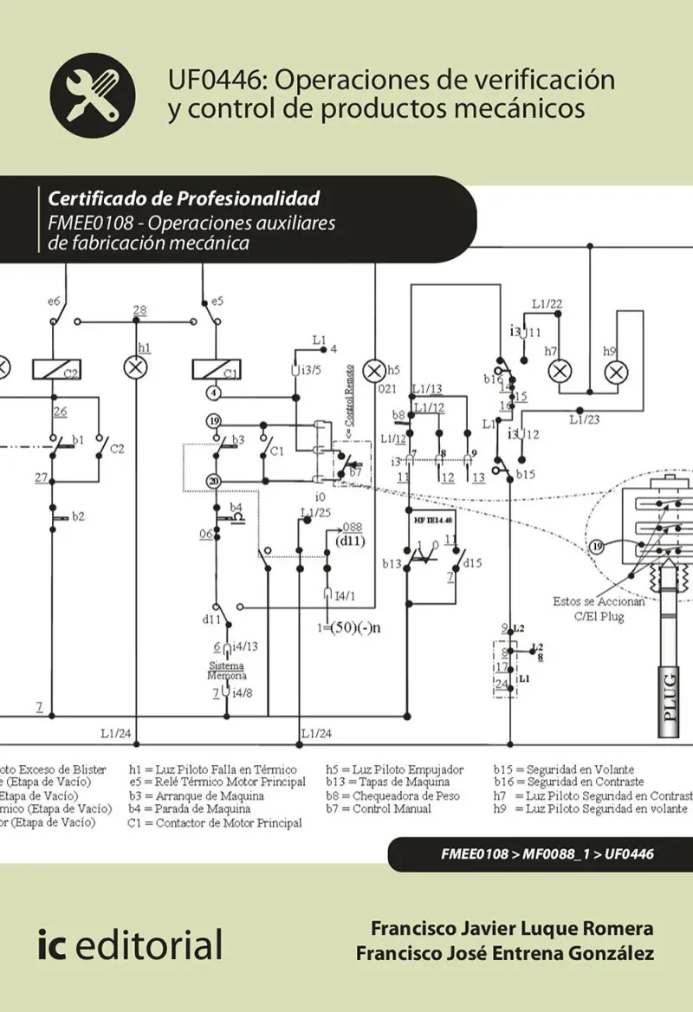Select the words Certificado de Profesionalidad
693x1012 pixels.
[x=185, y=198]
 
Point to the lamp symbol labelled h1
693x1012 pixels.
[x=136, y=368]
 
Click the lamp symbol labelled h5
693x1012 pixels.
[x=375, y=371]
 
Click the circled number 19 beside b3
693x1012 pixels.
[x=213, y=421]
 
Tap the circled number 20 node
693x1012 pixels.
[x=213, y=481]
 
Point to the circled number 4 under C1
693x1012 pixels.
[x=213, y=392]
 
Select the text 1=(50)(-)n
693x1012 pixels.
[x=349, y=626]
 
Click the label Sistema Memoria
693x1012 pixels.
[x=226, y=671]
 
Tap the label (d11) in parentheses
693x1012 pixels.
[x=350, y=542]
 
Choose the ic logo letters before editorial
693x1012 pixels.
[x=51, y=944]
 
